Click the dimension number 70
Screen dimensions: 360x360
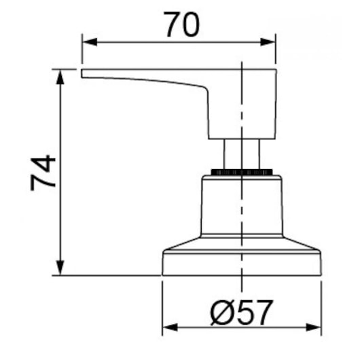181,24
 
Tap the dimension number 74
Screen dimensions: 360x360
43,173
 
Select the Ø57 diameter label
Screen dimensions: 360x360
242,313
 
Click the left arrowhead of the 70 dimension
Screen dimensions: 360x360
90,42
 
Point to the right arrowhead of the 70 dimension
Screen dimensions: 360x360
268,42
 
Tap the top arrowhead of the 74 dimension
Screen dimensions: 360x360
60,77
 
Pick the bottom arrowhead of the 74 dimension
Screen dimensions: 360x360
60,268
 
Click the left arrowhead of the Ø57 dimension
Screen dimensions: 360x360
170,327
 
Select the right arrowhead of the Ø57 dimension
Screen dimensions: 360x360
313,327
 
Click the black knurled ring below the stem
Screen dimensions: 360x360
242,172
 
